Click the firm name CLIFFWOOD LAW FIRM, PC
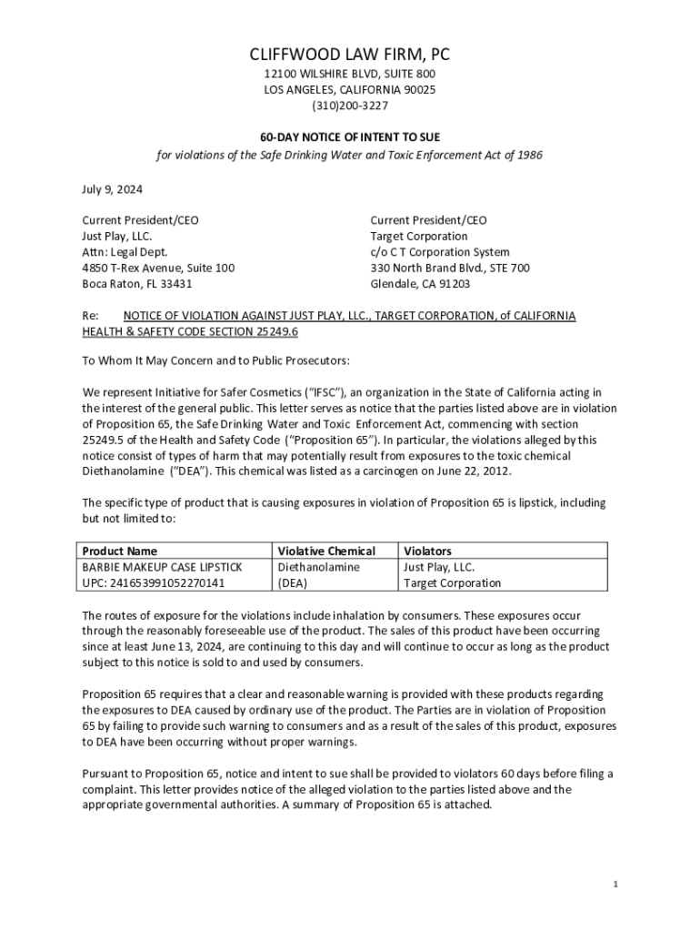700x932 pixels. (x=350, y=54)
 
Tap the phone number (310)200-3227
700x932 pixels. (x=350, y=106)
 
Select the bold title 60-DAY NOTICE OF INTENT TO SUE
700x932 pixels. (x=350, y=137)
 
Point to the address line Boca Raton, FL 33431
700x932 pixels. (x=137, y=283)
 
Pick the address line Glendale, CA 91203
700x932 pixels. (x=420, y=283)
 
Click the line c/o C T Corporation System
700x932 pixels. (x=440, y=252)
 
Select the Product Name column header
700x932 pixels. (x=120, y=551)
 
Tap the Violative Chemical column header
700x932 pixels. (x=326, y=551)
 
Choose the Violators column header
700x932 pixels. (x=427, y=551)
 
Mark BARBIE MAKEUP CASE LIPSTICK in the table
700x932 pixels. (x=163, y=566)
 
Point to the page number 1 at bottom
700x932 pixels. (x=615, y=885)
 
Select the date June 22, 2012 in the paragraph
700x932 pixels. (x=472, y=471)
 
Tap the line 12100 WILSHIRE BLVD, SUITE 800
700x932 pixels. (x=350, y=74)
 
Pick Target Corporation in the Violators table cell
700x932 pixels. (x=452, y=582)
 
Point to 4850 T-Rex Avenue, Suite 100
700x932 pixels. (x=158, y=268)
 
